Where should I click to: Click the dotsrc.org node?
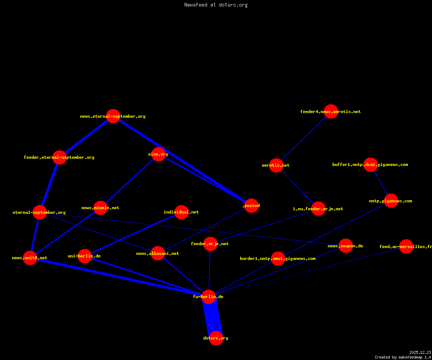[x=216, y=338]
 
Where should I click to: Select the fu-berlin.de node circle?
[x=208, y=297]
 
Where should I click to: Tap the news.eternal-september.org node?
[x=113, y=116]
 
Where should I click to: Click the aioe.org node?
[x=158, y=154]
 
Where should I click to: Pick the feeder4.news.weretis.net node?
[x=331, y=111]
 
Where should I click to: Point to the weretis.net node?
[x=276, y=165]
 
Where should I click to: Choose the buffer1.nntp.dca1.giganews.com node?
[x=370, y=165]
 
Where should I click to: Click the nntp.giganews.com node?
[x=391, y=201]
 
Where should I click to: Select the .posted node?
[x=252, y=206]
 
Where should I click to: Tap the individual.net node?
[x=182, y=212]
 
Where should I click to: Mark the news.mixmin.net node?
[x=100, y=208]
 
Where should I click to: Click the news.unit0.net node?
[x=30, y=258]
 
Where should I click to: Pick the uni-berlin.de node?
[x=85, y=256]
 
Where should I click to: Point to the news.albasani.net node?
[x=158, y=253]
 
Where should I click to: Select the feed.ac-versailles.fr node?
[x=406, y=246]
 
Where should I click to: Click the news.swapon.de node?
[x=346, y=246]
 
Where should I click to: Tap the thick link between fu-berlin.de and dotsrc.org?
[x=212, y=318]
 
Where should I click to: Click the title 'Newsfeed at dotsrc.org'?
[x=216, y=5]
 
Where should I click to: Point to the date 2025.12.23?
[x=420, y=352]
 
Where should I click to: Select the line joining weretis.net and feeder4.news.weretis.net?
[x=304, y=138]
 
